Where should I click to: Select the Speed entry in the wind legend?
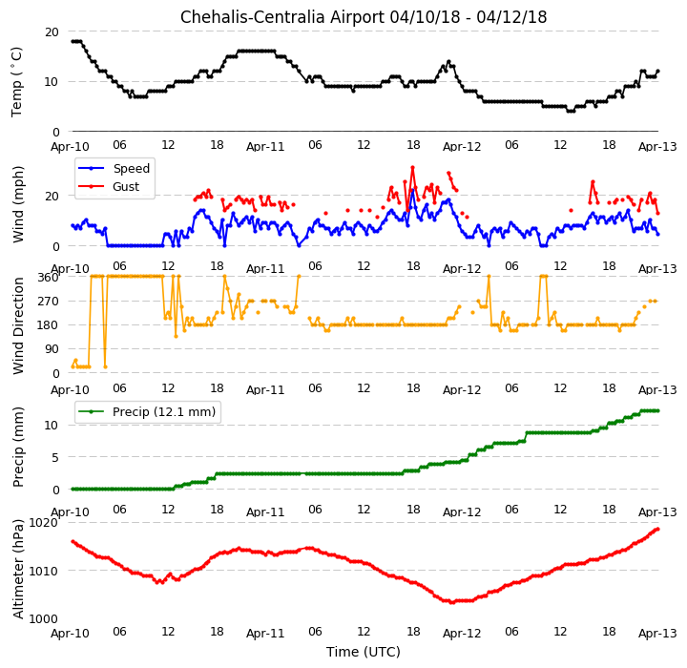tap(132, 168)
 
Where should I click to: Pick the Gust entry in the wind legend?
tap(126, 187)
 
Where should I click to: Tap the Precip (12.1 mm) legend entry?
tap(164, 412)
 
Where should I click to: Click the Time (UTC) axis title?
tap(364, 652)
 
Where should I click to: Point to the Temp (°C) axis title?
tap(16, 82)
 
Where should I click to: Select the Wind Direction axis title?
tap(18, 325)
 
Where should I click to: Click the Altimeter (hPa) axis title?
tap(18, 569)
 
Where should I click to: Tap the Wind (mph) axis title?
tap(18, 204)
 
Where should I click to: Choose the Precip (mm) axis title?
tap(18, 448)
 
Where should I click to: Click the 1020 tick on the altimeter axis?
tap(43, 523)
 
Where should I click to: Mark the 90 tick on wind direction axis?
tap(52, 349)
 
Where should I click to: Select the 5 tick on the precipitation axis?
tap(55, 458)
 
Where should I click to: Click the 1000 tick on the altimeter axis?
tap(43, 619)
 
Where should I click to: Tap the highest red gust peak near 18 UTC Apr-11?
tap(412, 167)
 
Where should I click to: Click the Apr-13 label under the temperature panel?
tap(657, 146)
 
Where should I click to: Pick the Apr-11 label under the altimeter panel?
tap(265, 634)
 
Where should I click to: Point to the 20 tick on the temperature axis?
tap(52, 32)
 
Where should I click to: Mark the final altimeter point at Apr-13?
tap(657, 529)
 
